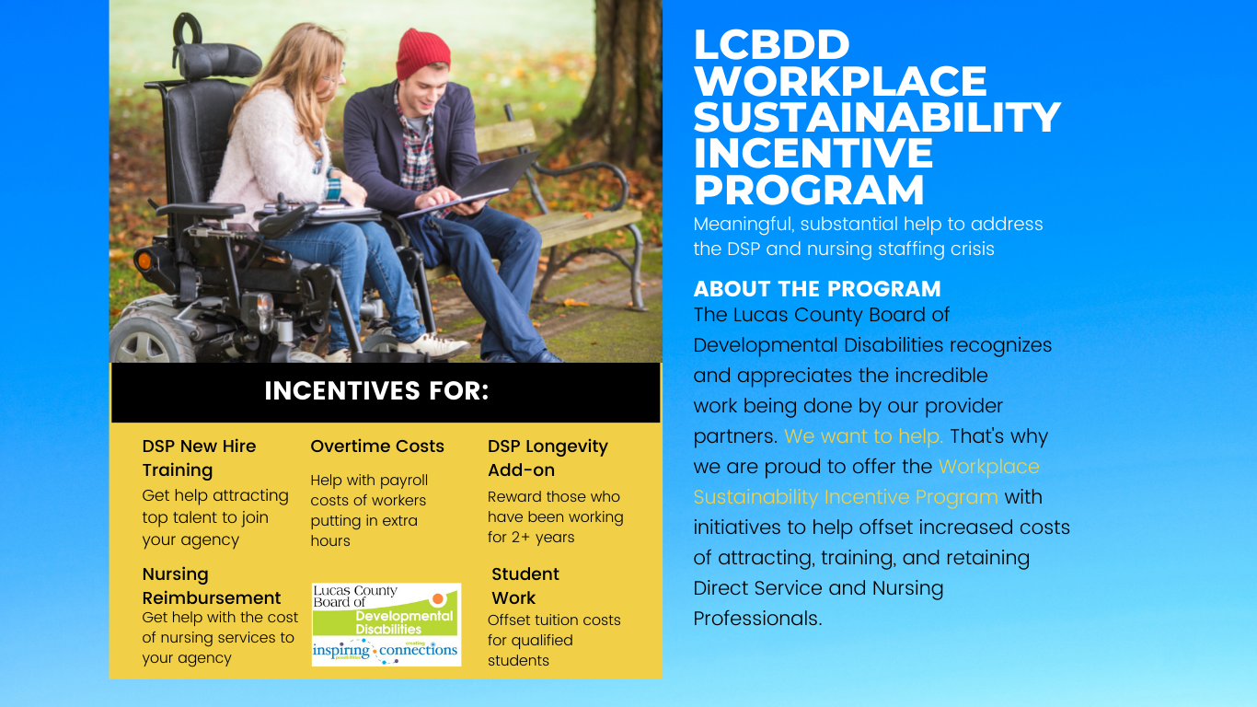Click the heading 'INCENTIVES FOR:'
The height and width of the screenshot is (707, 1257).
point(376,391)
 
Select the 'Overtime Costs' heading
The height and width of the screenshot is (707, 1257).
point(377,446)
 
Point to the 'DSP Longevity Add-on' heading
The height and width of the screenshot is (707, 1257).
point(548,458)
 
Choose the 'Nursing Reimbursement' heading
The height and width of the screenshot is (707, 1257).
point(212,585)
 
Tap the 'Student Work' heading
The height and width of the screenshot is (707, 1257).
point(525,585)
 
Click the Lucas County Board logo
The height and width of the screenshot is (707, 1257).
point(386,624)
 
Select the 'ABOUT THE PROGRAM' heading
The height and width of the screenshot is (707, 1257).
point(817,288)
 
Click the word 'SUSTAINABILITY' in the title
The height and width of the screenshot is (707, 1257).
point(877,118)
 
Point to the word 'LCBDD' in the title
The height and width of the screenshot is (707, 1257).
point(771,45)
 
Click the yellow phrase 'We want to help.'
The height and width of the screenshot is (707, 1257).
point(863,436)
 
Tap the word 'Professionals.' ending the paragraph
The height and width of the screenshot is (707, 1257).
point(757,619)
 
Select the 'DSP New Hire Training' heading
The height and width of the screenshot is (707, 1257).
point(199,458)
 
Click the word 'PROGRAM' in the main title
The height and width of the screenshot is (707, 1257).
point(809,191)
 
